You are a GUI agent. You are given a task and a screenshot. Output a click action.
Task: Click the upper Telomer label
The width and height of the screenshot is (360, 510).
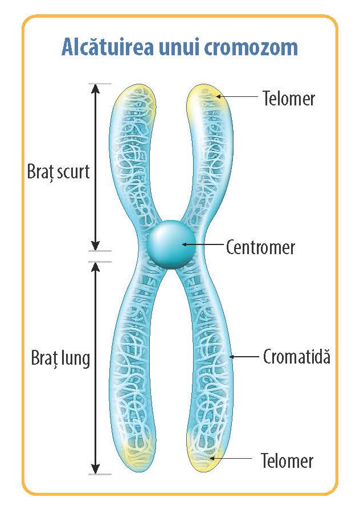coord(289,98)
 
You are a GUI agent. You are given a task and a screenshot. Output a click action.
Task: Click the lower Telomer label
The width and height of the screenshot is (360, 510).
coord(287,459)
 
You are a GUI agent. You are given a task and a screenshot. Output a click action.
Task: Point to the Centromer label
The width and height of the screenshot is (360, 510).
coord(260,247)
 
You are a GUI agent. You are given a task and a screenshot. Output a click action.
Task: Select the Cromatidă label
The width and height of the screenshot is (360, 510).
coord(296,357)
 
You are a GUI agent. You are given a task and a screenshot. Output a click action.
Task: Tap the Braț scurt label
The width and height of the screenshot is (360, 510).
coord(59,171)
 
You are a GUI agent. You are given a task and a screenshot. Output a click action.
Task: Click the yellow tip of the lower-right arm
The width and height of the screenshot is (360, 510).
coord(205,456)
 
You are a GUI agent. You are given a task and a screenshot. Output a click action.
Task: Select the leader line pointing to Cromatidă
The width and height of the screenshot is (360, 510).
coord(245,357)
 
